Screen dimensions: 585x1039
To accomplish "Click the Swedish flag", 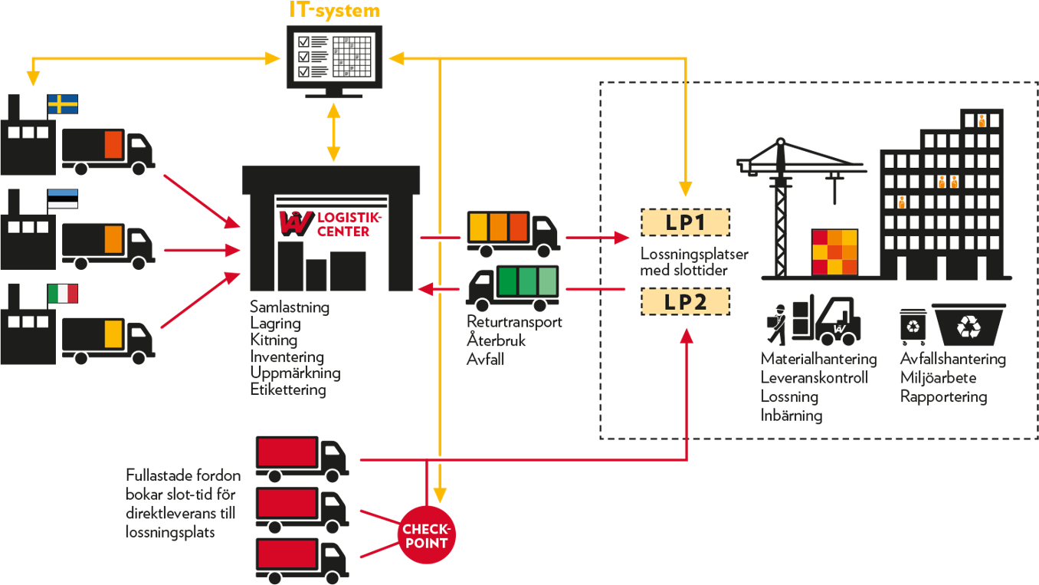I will [x=63, y=104].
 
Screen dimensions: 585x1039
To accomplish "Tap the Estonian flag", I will [x=63, y=199].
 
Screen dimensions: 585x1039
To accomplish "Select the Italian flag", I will [x=63, y=294].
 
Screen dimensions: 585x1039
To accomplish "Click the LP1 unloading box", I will [x=685, y=222].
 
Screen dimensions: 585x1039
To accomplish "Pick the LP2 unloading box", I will [x=685, y=301].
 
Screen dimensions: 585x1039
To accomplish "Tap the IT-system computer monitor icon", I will [x=333, y=56].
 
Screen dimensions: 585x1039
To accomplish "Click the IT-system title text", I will [x=334, y=11].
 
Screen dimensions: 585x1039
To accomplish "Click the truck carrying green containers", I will [x=513, y=283].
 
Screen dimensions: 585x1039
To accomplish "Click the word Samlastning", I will [x=290, y=307].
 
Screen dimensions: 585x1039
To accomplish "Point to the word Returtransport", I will [x=514, y=322].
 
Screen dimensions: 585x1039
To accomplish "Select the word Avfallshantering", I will [x=952, y=359].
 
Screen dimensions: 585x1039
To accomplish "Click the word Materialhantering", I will [x=818, y=359].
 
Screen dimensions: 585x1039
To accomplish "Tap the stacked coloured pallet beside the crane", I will [x=834, y=252].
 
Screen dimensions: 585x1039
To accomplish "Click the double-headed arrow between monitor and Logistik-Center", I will [x=333, y=132].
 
